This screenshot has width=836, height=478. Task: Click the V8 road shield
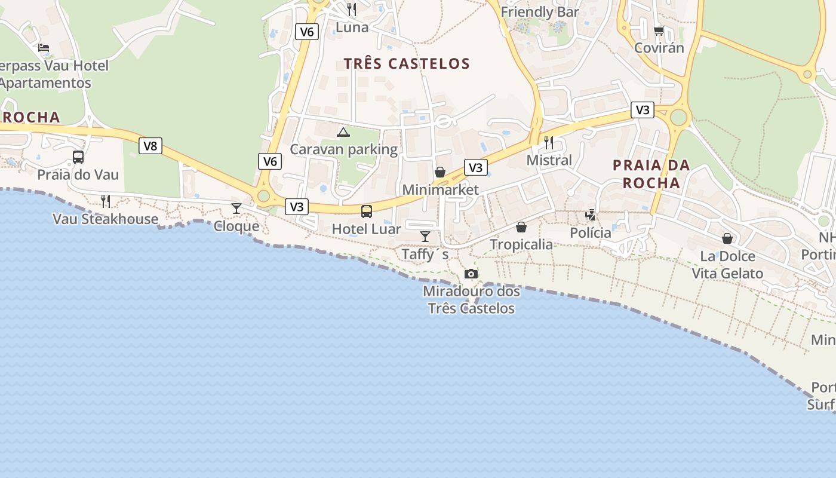(x=150, y=146)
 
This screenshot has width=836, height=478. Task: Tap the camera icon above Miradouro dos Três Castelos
(x=471, y=274)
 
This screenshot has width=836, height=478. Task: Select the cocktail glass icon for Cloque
(x=236, y=209)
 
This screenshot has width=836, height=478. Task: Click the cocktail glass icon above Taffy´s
(x=425, y=237)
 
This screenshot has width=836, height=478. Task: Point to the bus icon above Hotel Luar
(x=367, y=212)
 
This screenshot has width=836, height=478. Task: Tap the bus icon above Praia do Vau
(x=78, y=157)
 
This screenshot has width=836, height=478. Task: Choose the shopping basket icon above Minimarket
(x=440, y=173)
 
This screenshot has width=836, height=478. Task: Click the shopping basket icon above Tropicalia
(x=521, y=227)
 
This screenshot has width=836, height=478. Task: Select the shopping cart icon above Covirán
(x=659, y=30)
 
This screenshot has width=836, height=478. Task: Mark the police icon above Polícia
(x=591, y=215)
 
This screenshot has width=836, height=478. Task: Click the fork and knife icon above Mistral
(x=549, y=143)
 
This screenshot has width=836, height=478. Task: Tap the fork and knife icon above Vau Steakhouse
(x=106, y=201)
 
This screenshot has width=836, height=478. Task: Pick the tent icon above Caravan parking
(x=343, y=132)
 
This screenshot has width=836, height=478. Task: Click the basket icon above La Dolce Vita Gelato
(x=727, y=239)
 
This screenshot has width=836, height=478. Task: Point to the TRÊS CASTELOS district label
(x=407, y=63)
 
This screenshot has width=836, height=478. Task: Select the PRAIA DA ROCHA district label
(x=651, y=174)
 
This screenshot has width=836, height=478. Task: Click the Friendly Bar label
(x=540, y=12)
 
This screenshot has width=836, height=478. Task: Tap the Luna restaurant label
(x=352, y=27)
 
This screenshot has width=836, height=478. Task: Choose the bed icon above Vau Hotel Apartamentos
(x=43, y=48)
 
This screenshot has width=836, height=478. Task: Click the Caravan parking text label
(x=343, y=149)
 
